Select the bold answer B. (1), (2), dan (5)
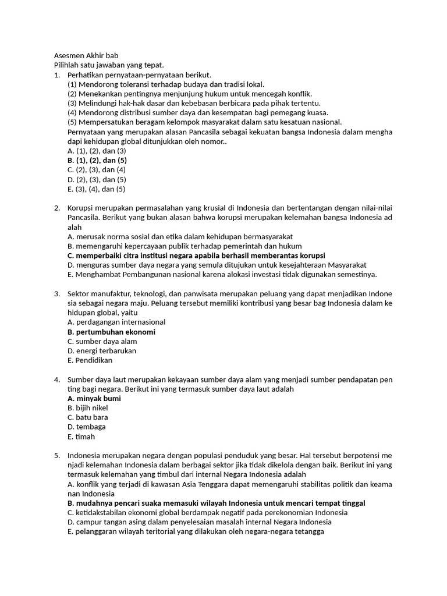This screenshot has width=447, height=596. [97, 160]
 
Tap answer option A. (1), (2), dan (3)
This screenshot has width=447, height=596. [97, 151]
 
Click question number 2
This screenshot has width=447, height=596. [57, 208]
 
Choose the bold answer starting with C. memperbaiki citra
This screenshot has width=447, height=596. [196, 256]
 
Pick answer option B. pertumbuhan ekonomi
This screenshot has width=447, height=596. [111, 332]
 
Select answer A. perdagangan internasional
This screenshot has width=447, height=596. [116, 322]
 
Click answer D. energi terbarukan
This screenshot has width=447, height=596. [102, 351]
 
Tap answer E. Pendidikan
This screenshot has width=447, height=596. [90, 360]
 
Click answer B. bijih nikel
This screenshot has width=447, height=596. [88, 408]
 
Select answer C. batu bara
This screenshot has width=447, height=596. [88, 417]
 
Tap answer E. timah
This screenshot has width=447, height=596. [81, 437]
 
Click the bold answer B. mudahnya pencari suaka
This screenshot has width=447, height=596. [216, 503]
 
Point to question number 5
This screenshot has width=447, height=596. [57, 455]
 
